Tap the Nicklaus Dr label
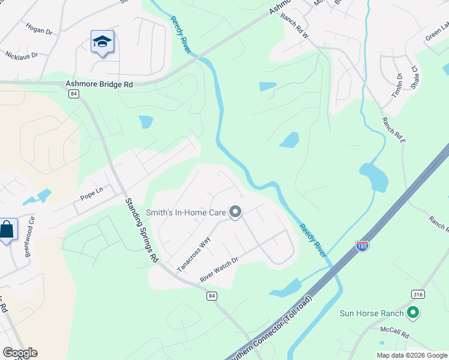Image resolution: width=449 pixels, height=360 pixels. [22, 55]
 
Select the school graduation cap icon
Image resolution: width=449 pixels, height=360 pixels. [102, 42]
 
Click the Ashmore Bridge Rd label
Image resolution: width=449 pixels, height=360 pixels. [98, 85]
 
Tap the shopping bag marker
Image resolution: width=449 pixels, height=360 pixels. [7, 229]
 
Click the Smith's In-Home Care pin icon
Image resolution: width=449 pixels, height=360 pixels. [235, 212]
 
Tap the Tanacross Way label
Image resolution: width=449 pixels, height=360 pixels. [194, 253]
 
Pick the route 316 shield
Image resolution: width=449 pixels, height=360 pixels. [418, 293]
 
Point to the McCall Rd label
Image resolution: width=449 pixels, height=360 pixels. [394, 331]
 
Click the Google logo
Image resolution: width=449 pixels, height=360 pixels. [19, 353]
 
